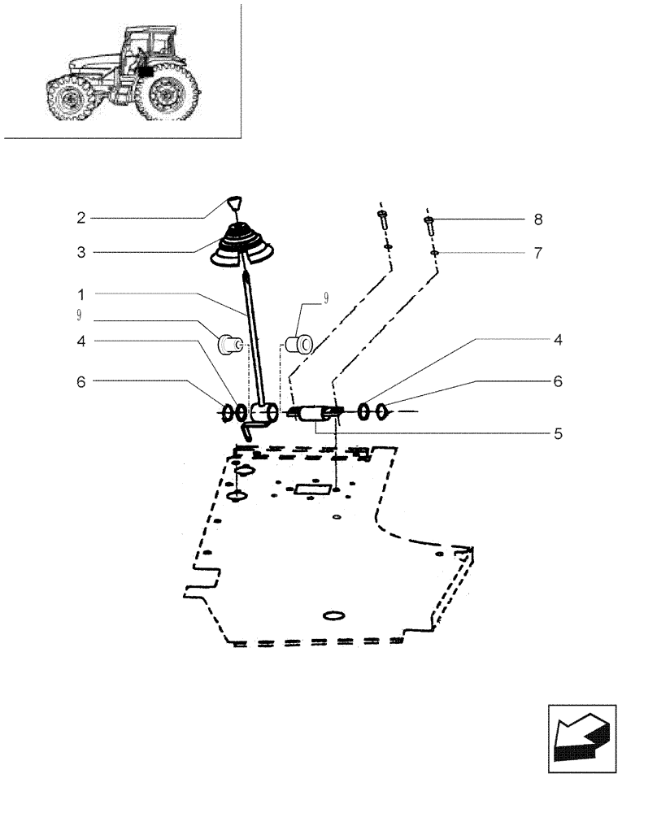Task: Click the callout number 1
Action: tap(81, 293)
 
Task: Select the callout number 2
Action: tap(81, 218)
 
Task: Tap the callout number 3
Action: tap(81, 253)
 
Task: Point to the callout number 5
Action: tap(559, 434)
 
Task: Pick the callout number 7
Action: tap(537, 253)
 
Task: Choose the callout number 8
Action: tap(537, 220)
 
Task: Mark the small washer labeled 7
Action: tap(435, 254)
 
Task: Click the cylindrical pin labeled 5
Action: tap(313, 415)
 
